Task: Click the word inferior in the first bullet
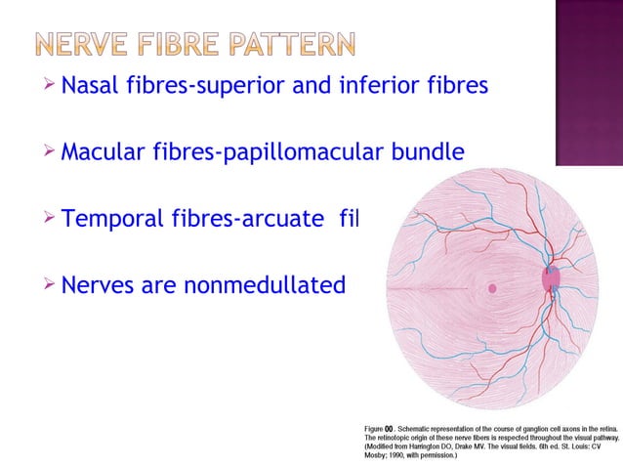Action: pos(386,88)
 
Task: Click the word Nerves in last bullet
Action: pos(96,285)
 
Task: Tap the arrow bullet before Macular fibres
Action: pos(50,153)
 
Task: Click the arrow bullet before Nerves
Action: pos(50,285)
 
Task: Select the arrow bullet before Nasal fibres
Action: pos(50,88)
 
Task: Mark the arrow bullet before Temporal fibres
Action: pos(50,219)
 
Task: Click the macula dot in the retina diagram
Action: pos(492,288)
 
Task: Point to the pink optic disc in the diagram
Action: pos(553,279)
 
